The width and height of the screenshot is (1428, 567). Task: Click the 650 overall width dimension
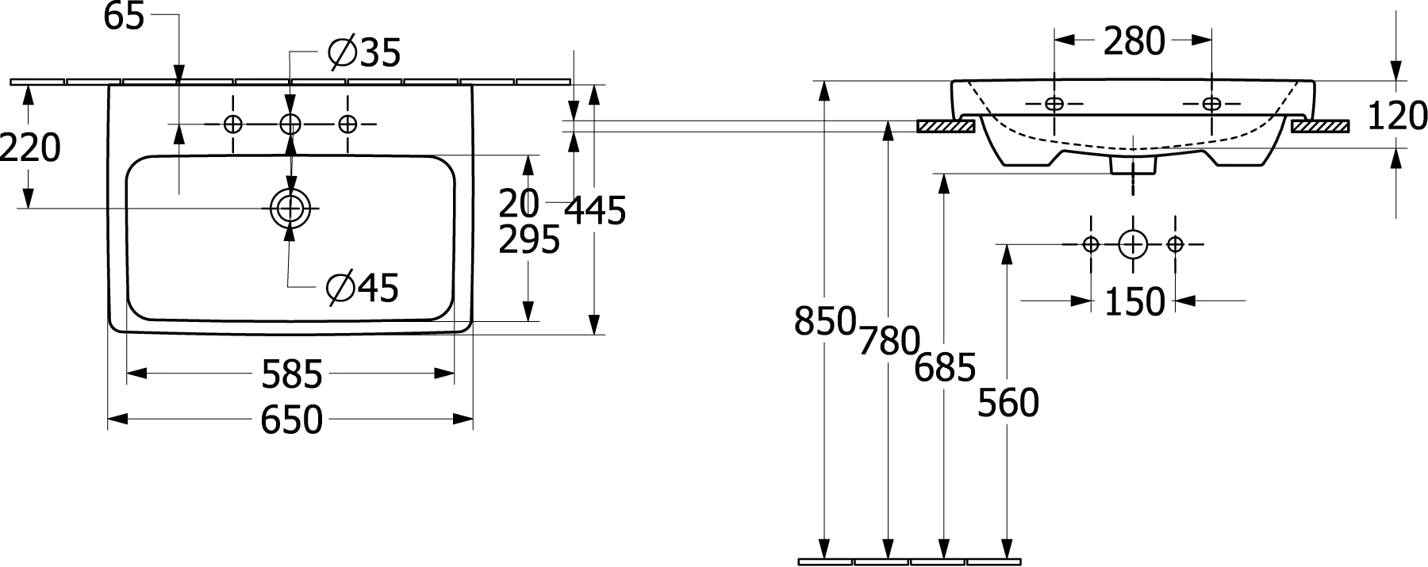(292, 420)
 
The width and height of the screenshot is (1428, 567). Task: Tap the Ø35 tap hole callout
(364, 53)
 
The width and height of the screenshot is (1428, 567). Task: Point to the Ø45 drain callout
(363, 287)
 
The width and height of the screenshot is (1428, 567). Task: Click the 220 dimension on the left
(30, 147)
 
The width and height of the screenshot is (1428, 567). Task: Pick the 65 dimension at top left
(125, 17)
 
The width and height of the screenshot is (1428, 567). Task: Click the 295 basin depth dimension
(529, 239)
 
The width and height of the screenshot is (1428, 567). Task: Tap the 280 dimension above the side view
(1134, 41)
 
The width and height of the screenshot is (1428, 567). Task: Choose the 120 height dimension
(1398, 116)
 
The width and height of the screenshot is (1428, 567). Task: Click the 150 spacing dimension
(1134, 301)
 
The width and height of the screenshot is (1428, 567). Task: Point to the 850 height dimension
(825, 321)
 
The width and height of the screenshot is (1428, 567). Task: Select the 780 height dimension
(889, 340)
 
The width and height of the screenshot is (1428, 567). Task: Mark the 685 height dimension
(944, 368)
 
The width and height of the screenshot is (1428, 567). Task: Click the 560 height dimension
(1008, 404)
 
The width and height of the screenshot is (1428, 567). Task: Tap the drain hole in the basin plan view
(290, 209)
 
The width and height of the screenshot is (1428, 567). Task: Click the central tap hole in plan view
(290, 124)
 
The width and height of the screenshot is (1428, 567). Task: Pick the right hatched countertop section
(1319, 126)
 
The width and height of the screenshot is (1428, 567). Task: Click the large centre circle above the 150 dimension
(1133, 244)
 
